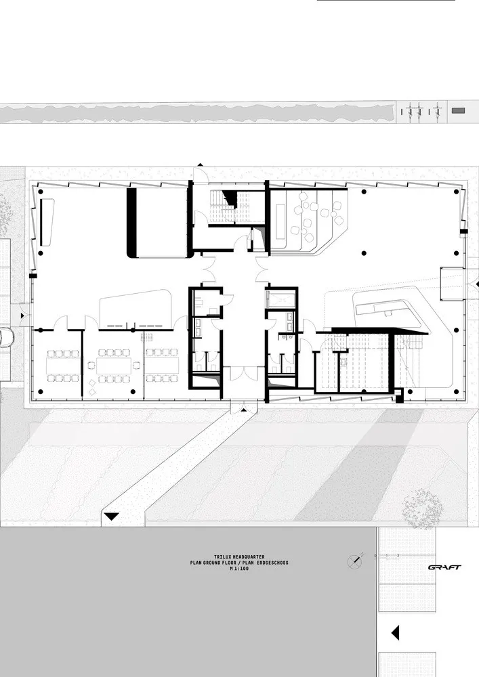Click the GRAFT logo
(x=444, y=567)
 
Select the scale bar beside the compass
(x=390, y=556)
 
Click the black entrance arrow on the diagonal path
(x=111, y=517)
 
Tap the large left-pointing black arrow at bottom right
(x=396, y=633)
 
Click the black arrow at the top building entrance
(x=201, y=165)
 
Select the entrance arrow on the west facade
(x=23, y=316)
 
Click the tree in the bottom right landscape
(x=422, y=504)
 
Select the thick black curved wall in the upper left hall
(x=131, y=223)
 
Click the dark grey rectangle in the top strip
(x=459, y=109)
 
